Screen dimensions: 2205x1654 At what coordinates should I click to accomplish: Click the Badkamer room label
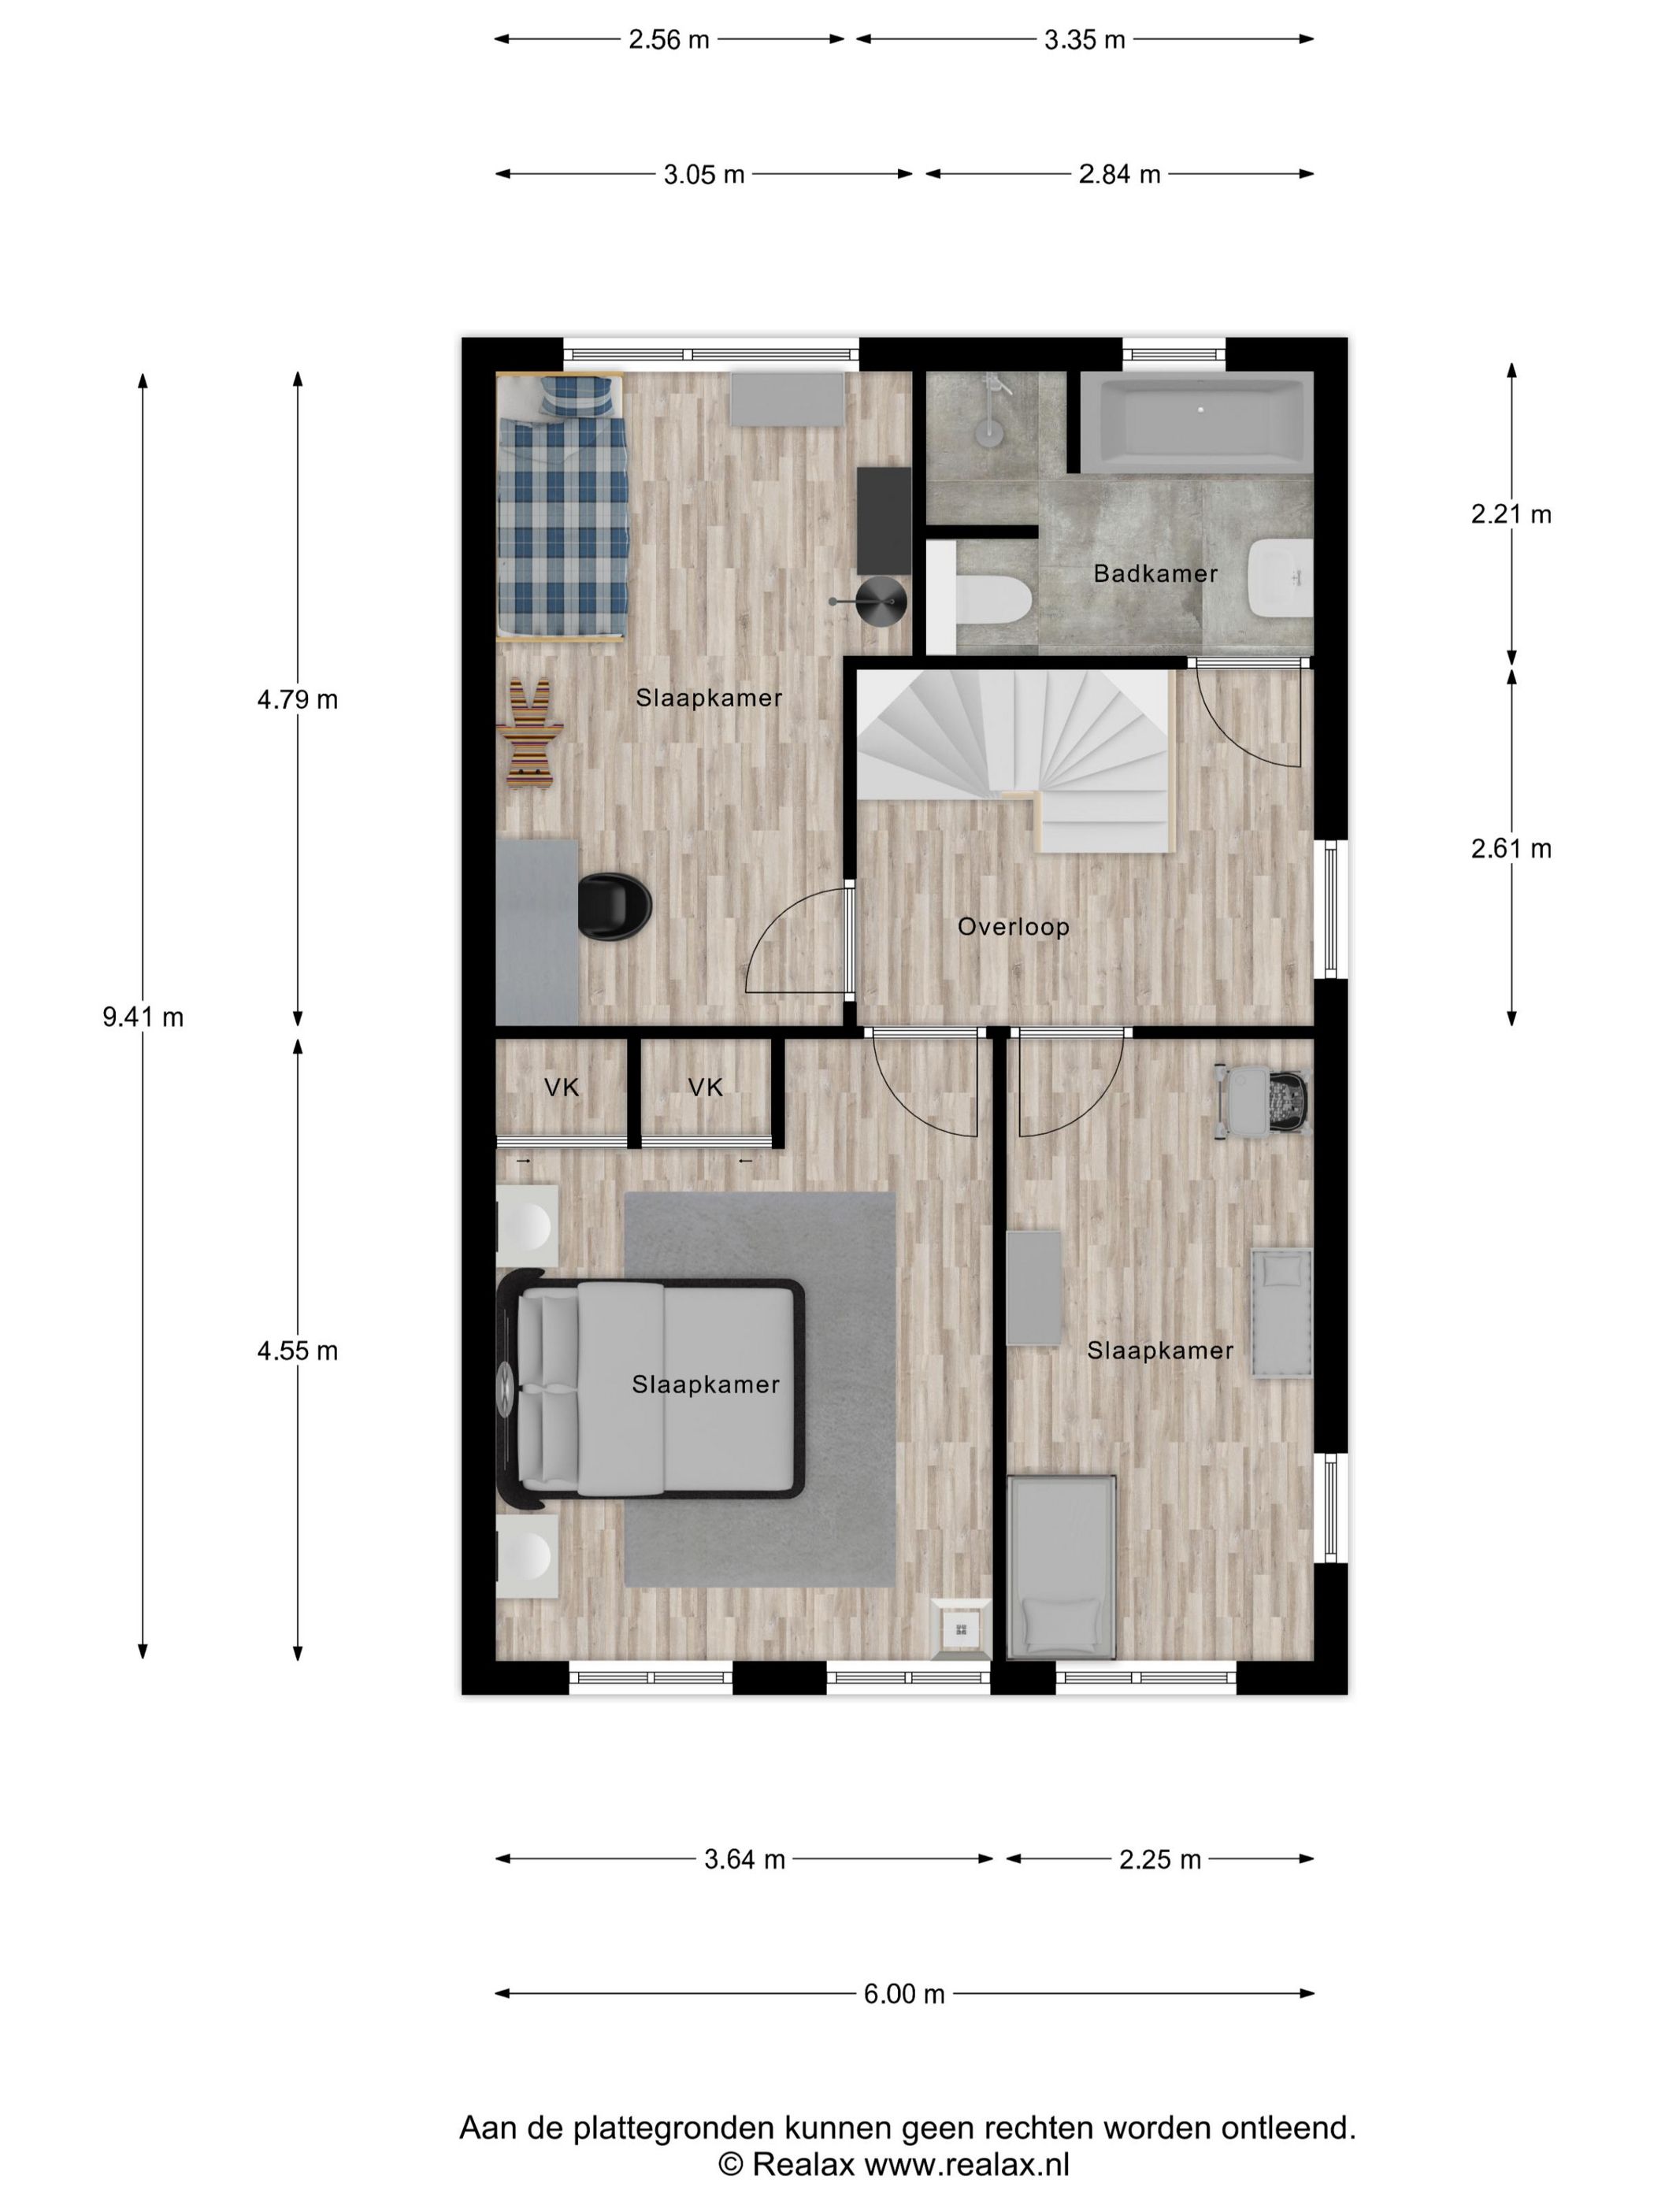point(1155,573)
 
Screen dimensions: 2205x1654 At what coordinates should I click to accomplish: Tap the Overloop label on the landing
point(1013,926)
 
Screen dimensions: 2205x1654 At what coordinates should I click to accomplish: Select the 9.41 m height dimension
point(143,1017)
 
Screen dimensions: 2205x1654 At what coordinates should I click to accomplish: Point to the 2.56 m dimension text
point(668,40)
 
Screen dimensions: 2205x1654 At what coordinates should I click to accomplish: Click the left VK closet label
point(562,1087)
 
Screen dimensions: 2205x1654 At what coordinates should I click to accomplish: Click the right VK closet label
point(705,1087)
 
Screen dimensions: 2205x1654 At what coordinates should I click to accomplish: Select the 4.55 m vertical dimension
point(297,1351)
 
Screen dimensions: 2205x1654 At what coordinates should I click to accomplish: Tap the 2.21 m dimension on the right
point(1511,514)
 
